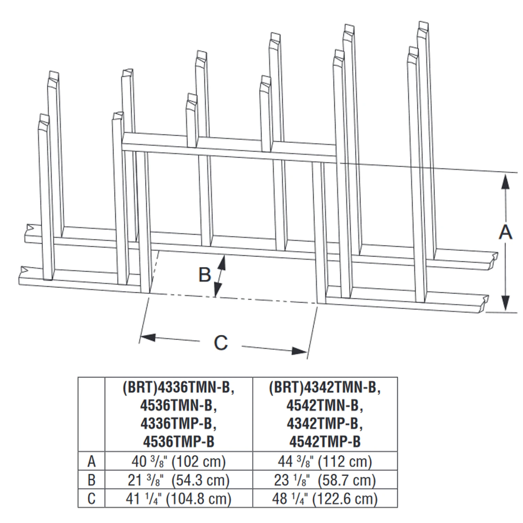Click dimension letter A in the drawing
coord(505,232)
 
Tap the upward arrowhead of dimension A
coord(505,182)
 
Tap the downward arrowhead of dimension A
coord(505,303)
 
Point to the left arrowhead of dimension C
coord(148,337)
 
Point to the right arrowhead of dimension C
coord(299,350)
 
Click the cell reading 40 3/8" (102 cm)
coord(179,462)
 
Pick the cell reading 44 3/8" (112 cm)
coord(325,462)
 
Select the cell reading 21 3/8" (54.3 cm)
coord(179,480)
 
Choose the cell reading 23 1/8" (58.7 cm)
coord(325,480)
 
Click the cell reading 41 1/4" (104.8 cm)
coord(179,499)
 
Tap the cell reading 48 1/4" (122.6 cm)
coord(325,499)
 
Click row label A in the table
coord(91,462)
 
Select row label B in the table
coord(91,480)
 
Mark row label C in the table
coord(91,499)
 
